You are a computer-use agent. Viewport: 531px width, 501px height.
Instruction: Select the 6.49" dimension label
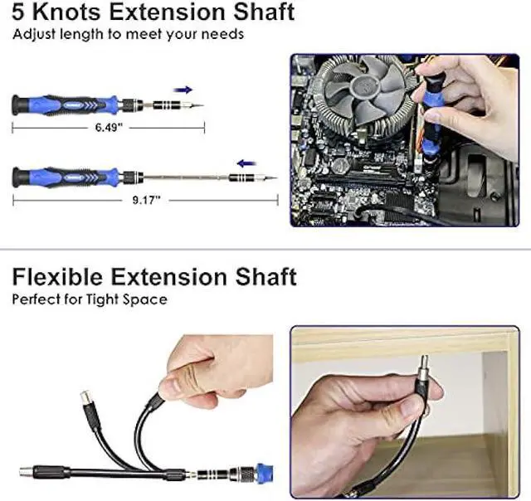click(x=108, y=129)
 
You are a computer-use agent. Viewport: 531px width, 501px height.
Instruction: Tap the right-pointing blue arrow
click(x=184, y=89)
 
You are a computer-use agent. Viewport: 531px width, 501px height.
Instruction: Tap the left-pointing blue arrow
click(x=246, y=163)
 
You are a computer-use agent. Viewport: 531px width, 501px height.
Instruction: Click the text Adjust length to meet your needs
click(x=128, y=35)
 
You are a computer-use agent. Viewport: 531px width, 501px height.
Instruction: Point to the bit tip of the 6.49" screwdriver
click(x=198, y=105)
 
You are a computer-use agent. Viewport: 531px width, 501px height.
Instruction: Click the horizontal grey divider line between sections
click(x=265, y=249)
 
